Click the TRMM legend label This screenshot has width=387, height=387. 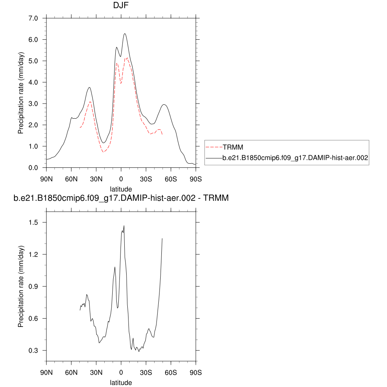tap(233, 147)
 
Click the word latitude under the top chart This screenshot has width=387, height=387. tap(121, 189)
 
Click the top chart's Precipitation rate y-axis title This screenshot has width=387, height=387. tap(21, 93)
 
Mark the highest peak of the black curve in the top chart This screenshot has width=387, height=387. tap(124, 34)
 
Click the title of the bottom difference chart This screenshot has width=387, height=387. tap(121, 198)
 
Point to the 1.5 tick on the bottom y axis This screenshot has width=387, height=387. tap(35, 223)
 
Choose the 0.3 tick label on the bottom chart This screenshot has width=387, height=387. tap(35, 351)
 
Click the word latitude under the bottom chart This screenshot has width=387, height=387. tap(121, 383)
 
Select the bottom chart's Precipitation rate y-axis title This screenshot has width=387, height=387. tap(21, 287)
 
